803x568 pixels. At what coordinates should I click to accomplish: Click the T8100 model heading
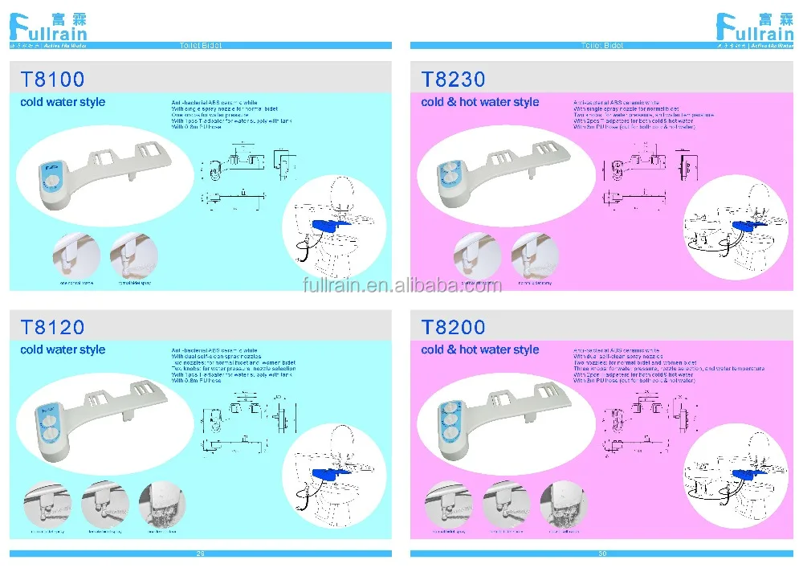(x=52, y=79)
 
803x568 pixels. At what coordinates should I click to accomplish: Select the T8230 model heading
(x=454, y=79)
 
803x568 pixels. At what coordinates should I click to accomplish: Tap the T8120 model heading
(x=52, y=327)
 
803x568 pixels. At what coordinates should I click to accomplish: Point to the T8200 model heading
(x=454, y=327)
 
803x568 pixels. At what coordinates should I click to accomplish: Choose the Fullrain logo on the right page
(x=755, y=27)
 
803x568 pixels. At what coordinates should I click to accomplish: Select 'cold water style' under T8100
(x=63, y=102)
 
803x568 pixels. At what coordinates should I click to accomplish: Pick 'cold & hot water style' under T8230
(x=480, y=102)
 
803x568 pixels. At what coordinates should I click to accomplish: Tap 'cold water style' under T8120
(x=63, y=349)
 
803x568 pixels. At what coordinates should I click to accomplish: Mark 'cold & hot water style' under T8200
(x=480, y=349)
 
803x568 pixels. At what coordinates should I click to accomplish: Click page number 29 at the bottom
(x=200, y=554)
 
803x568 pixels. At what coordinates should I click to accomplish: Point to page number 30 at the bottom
(x=601, y=554)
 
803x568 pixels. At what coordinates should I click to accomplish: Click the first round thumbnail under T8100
(x=76, y=255)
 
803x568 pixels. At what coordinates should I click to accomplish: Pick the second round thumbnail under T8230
(x=535, y=255)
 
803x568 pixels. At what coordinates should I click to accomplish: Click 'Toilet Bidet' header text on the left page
(x=200, y=46)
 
